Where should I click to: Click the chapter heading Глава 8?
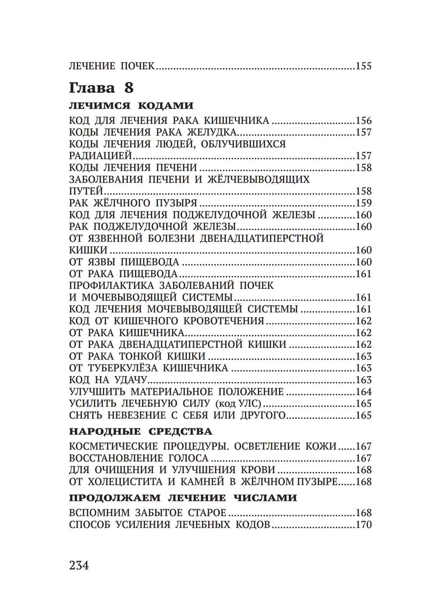[101, 88]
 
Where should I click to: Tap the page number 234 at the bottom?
[79, 565]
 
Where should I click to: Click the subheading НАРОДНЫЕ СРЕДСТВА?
[141, 432]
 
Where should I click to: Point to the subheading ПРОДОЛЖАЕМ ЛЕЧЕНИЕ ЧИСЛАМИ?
[183, 498]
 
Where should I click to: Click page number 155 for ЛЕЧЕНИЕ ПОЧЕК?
[363, 66]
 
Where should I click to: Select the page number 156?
[363, 121]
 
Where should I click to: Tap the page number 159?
[363, 203]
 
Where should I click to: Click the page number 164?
[363, 392]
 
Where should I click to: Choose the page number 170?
[363, 525]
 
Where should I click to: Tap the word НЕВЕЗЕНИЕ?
[140, 416]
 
